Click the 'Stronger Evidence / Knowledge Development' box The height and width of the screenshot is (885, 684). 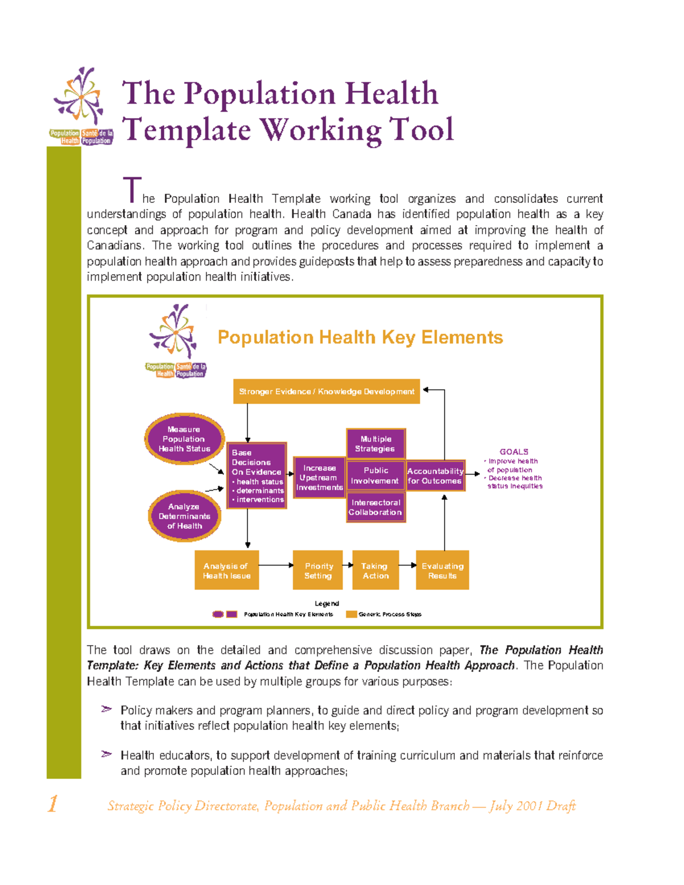coord(326,391)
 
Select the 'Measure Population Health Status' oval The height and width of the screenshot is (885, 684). coord(184,439)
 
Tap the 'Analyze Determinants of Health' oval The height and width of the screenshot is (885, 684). coord(184,516)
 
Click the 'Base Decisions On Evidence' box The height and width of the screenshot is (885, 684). coord(256,475)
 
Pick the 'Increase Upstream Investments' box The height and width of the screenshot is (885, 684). coord(319,478)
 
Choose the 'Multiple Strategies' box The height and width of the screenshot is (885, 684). coord(376,443)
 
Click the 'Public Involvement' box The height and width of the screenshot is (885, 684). coord(376,475)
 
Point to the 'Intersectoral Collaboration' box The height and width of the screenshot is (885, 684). coord(376,507)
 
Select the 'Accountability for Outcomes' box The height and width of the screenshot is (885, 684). coord(435,475)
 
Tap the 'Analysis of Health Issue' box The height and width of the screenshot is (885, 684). coord(226,570)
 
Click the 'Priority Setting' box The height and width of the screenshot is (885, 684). coord(318,570)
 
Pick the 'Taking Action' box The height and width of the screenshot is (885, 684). coord(375,570)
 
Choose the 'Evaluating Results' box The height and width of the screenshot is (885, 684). coord(442,570)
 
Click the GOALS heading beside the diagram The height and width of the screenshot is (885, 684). coord(514,451)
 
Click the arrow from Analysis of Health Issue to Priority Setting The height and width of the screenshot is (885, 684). coord(276,565)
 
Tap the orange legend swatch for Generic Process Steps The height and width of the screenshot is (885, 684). coord(351,614)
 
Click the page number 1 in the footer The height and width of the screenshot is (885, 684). coord(52,804)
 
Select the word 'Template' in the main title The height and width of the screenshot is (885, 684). coord(186,130)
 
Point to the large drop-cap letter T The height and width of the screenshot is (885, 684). coord(132,190)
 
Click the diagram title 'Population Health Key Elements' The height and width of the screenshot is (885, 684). coord(360,337)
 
